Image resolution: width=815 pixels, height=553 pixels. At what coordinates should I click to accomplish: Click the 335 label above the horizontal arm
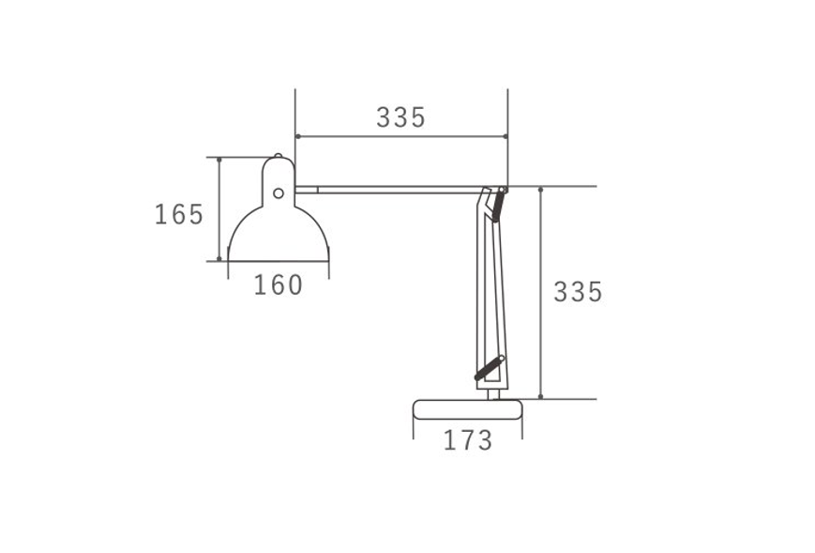point(400,117)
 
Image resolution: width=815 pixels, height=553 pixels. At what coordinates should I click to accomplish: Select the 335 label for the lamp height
point(578,292)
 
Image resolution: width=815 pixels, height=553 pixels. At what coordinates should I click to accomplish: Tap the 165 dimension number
point(179,214)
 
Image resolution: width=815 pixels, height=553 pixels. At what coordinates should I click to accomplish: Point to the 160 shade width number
point(279,285)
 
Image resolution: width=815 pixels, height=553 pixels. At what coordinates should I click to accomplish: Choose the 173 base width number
point(468,440)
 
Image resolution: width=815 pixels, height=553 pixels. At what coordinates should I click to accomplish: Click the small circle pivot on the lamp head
point(279,193)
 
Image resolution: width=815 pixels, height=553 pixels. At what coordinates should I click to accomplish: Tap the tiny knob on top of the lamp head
point(279,155)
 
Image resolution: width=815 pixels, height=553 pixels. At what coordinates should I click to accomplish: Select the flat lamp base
point(467,409)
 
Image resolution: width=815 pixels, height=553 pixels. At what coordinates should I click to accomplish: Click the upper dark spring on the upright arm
point(498,205)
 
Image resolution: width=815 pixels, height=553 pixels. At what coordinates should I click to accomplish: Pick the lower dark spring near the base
point(490,368)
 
